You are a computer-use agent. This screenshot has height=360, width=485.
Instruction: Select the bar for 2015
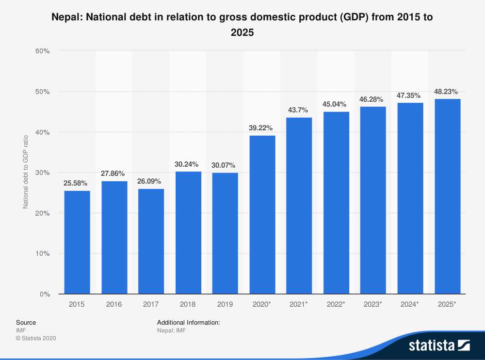(77, 242)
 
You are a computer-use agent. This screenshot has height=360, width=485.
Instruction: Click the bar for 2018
(188, 233)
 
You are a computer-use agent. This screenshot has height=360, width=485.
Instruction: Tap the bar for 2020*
(262, 215)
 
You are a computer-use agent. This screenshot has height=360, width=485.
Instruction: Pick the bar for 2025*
(448, 196)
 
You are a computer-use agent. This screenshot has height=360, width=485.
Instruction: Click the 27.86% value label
(113, 173)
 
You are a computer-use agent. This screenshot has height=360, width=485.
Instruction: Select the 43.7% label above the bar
(299, 110)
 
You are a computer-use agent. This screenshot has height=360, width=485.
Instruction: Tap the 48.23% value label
(446, 91)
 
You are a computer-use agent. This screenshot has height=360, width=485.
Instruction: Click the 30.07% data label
(225, 165)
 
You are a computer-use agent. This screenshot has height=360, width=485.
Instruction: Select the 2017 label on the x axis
(151, 304)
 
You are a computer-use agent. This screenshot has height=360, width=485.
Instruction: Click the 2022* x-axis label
(336, 304)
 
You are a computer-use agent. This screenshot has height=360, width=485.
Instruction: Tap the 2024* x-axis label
(410, 304)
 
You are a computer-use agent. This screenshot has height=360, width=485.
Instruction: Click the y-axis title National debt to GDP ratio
(26, 172)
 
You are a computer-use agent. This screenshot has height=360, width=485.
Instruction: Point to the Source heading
(26, 322)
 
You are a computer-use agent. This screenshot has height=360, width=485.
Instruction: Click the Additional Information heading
(189, 322)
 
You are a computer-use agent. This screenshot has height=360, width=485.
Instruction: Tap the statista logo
(439, 345)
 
